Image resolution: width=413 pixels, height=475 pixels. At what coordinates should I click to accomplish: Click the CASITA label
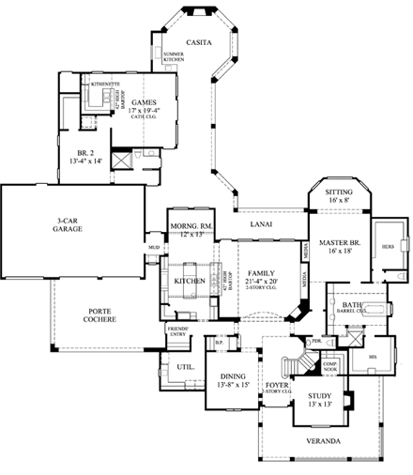coord(198,43)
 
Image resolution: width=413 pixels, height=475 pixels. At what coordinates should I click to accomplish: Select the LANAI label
coord(261,224)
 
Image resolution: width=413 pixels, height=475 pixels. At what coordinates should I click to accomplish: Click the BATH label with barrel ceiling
coord(352,305)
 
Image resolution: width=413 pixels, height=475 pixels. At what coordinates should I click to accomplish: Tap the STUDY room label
coord(321,397)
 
